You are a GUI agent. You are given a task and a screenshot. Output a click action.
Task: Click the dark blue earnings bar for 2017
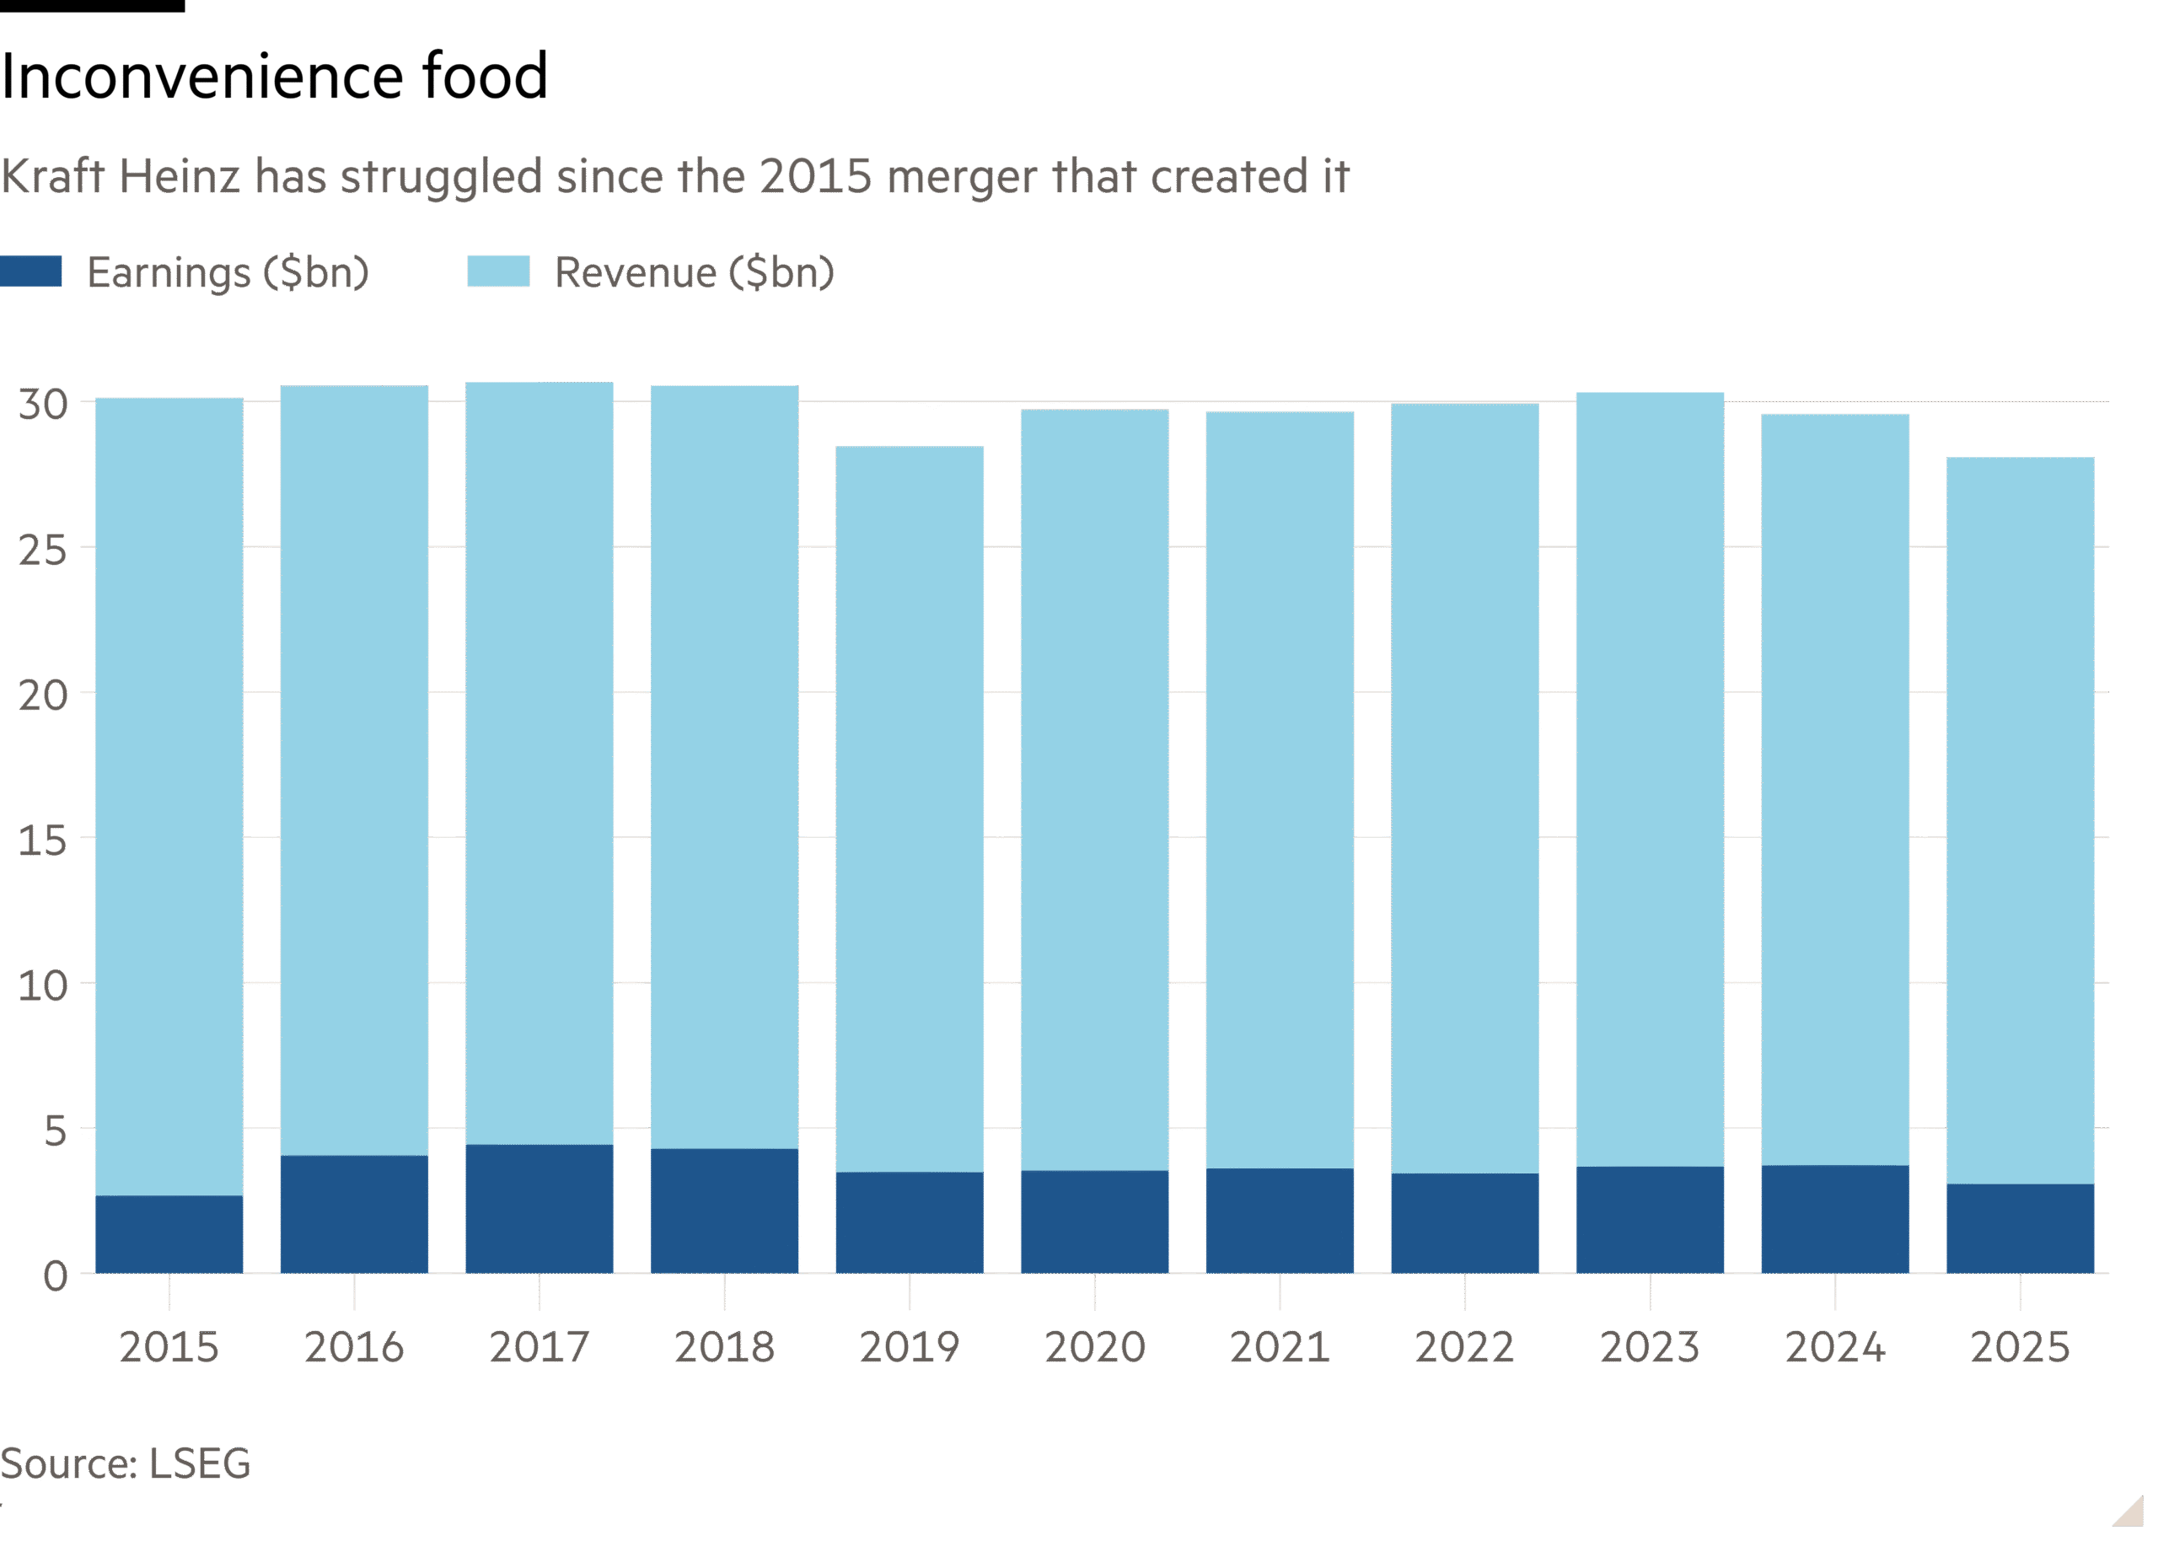[x=539, y=1209]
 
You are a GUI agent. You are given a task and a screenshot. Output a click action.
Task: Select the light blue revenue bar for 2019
[x=909, y=807]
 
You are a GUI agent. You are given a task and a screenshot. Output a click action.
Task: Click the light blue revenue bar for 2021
[x=1279, y=787]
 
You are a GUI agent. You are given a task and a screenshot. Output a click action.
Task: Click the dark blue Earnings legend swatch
[x=30, y=271]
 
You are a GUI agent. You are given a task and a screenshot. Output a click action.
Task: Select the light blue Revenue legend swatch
[x=498, y=271]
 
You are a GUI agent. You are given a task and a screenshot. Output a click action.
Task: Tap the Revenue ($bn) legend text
[x=695, y=272]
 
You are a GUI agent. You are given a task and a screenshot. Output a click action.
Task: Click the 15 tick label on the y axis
[x=44, y=840]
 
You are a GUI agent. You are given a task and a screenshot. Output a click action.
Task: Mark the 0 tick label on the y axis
[x=55, y=1276]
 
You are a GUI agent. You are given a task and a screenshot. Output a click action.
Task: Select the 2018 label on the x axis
[x=724, y=1347]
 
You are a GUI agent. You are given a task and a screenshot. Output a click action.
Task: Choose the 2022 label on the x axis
[x=1464, y=1347]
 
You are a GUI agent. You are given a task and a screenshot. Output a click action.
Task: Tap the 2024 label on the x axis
[x=1834, y=1347]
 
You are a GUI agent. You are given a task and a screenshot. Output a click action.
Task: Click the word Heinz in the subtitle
[x=179, y=176]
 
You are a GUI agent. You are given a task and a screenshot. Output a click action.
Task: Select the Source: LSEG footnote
[x=126, y=1464]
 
